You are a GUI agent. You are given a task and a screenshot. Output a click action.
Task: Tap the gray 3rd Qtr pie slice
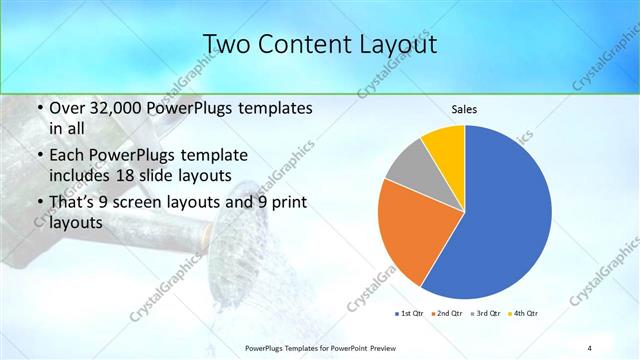(408, 167)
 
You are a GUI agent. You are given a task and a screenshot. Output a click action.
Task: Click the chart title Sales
(464, 108)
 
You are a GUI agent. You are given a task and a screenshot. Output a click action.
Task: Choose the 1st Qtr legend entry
(411, 314)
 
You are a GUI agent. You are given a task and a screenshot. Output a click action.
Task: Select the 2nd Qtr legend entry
(447, 314)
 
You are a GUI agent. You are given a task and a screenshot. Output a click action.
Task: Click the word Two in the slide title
(227, 44)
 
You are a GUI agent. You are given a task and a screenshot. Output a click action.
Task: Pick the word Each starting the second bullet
(70, 156)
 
